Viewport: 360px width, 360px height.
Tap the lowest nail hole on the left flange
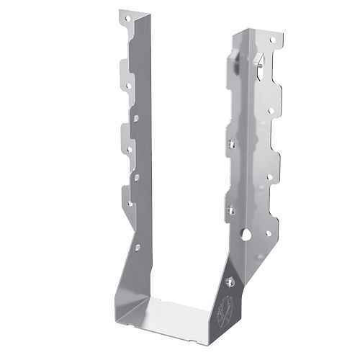coord(130,204)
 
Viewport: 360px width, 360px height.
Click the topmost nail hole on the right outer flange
coord(272,41)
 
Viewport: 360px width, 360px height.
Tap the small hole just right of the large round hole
coord(268,233)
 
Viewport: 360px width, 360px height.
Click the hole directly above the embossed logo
coord(230,282)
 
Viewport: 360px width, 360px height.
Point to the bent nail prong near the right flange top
coord(256,63)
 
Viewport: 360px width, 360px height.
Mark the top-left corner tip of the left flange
coord(121,11)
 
